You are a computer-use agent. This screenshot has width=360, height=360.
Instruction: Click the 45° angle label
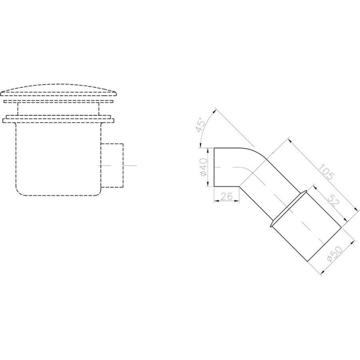[x=200, y=125]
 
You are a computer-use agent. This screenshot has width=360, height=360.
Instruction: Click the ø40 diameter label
[x=203, y=167]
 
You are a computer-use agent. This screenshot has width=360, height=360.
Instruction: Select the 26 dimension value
[x=227, y=197]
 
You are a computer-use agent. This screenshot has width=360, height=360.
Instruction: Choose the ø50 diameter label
[x=335, y=254]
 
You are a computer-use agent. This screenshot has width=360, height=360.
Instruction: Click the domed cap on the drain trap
[x=58, y=90]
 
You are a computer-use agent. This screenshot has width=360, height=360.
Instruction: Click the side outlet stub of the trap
[x=112, y=165]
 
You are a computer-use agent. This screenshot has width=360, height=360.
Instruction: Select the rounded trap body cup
[x=58, y=159]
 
